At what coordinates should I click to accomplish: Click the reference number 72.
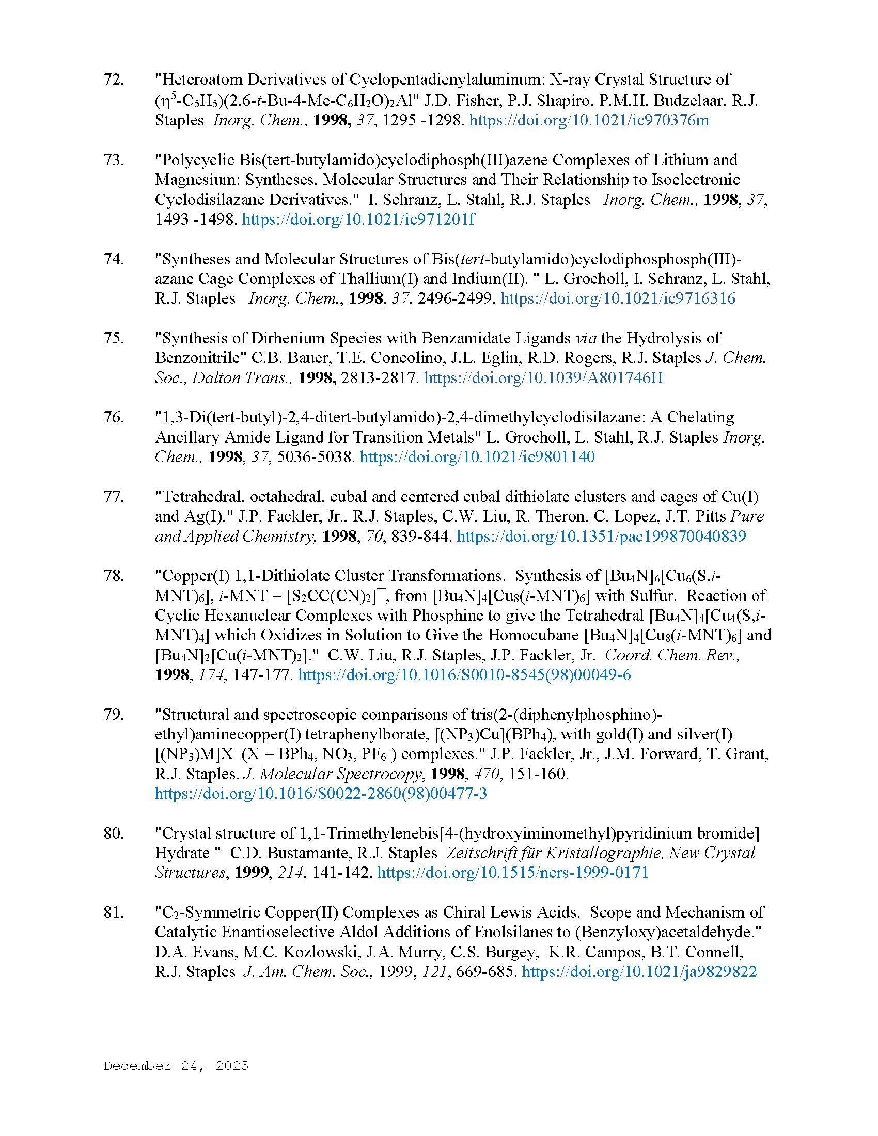pos(114,80)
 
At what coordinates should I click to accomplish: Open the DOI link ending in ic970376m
pos(589,120)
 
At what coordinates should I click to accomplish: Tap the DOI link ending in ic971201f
pos(358,219)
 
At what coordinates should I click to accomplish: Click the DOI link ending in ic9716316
pos(617,298)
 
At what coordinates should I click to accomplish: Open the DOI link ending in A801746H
pos(543,377)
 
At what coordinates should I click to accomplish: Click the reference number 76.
pos(114,417)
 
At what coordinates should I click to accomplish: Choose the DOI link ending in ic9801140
pos(477,456)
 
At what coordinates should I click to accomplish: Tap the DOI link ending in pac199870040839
pos(601,537)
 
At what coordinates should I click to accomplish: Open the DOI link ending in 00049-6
pos(464,675)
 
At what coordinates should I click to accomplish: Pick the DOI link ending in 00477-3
pos(320,794)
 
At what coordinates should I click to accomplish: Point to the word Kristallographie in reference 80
pos(604,853)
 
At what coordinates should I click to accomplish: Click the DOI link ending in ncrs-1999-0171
pos(513,873)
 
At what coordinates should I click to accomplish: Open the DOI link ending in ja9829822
pos(639,972)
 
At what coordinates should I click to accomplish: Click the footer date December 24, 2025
pos(176,1066)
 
